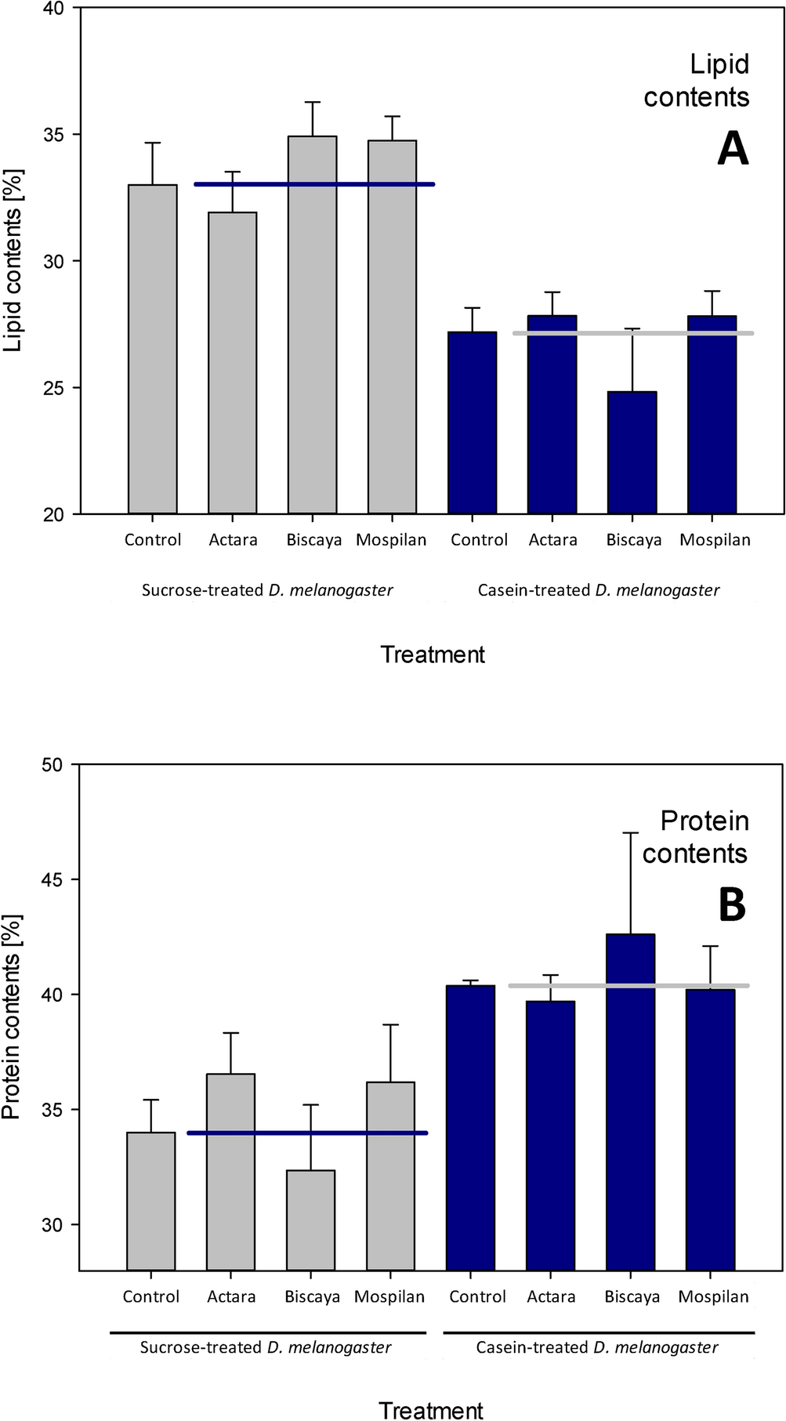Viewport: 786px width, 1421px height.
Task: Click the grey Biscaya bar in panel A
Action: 312,325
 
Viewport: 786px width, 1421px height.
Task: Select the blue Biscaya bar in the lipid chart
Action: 632,452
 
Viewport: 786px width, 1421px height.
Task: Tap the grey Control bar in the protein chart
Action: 150,1201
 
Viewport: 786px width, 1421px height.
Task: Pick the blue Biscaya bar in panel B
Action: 630,1101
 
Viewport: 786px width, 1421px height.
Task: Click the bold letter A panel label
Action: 733,148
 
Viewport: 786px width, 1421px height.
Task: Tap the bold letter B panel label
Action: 732,905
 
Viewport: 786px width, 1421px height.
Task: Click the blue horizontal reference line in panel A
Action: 313,184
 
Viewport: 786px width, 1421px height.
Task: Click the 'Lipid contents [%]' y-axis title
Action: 13,260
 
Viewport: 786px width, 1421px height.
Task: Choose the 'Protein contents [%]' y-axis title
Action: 12,1017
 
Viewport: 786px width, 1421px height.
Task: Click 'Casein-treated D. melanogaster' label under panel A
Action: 598,590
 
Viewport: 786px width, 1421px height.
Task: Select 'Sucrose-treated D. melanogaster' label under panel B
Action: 265,1347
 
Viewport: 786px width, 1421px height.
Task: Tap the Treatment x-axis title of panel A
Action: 433,654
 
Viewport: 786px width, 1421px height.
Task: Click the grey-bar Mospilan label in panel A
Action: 391,540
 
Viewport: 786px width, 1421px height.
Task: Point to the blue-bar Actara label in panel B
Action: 551,1297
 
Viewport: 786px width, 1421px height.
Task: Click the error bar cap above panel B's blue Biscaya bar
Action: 630,832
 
